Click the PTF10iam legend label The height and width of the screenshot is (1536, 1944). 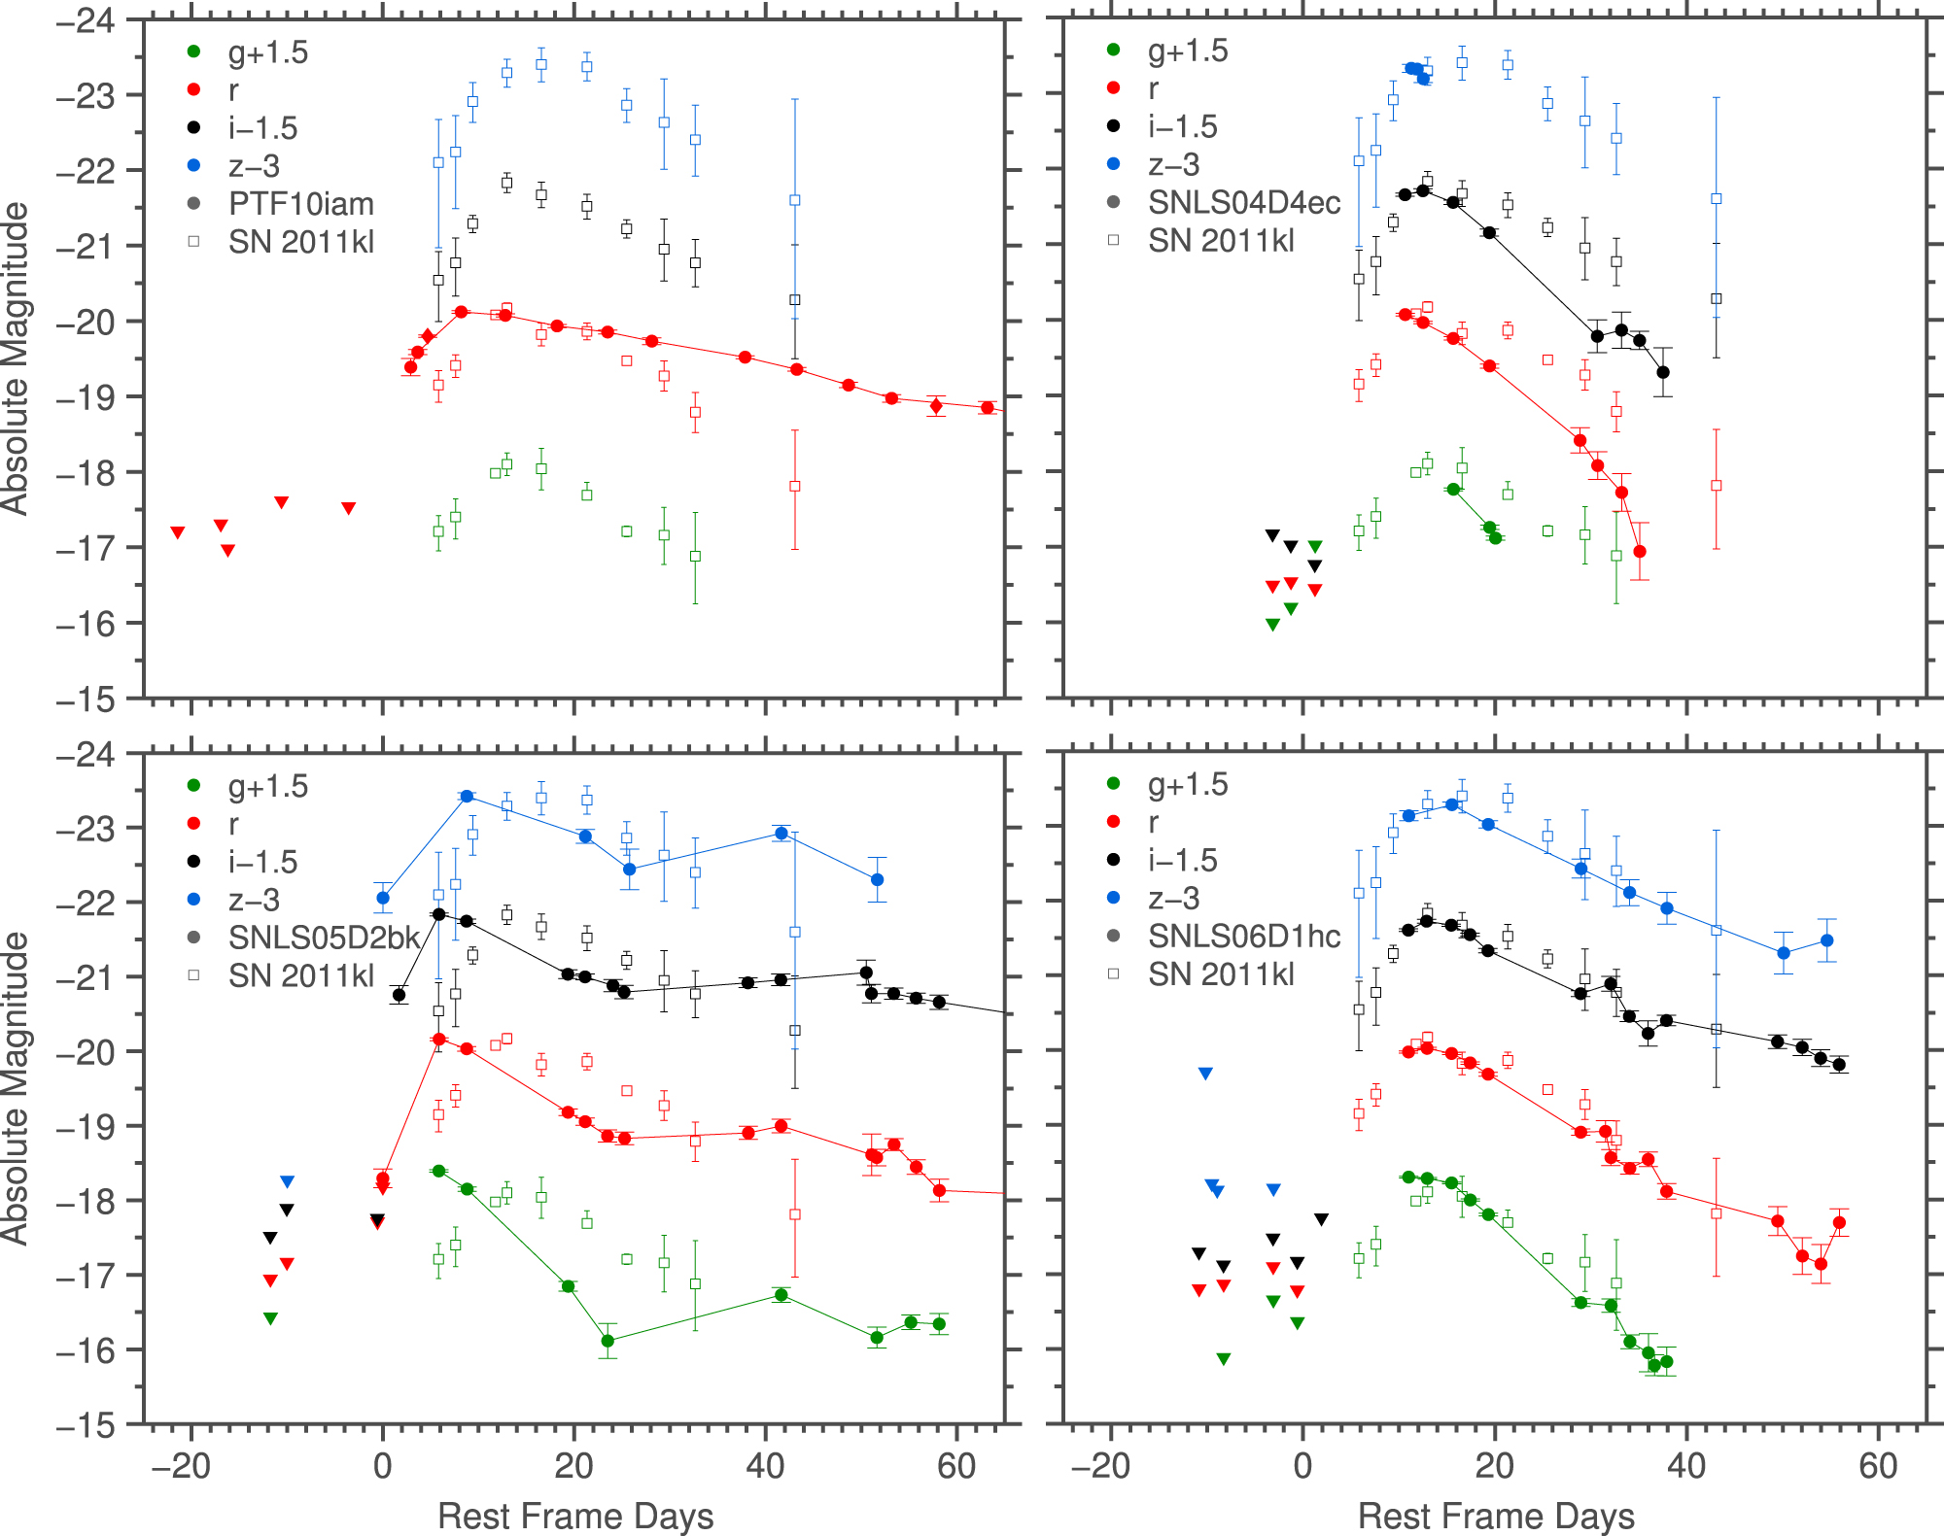point(300,204)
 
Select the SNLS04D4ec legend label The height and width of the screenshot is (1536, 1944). point(1243,202)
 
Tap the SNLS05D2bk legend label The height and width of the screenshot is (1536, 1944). point(324,938)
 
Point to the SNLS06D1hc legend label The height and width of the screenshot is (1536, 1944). point(1243,936)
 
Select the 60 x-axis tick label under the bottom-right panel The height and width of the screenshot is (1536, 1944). point(1878,1466)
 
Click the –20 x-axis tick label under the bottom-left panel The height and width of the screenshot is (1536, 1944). point(181,1466)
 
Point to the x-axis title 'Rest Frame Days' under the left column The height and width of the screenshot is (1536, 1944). point(575,1516)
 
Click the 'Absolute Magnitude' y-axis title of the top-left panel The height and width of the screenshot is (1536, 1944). point(16,358)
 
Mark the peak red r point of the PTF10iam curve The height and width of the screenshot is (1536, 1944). point(462,312)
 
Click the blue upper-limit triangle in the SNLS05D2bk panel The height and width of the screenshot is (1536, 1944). point(287,1181)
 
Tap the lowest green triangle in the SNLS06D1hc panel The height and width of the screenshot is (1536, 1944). point(1224,1359)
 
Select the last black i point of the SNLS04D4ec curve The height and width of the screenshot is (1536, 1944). point(1663,372)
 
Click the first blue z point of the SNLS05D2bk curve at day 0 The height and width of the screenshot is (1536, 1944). point(383,898)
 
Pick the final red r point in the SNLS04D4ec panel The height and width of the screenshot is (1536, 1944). point(1640,552)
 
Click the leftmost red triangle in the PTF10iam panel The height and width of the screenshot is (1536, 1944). point(178,532)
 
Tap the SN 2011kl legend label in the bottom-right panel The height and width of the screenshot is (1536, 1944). point(1221,973)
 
